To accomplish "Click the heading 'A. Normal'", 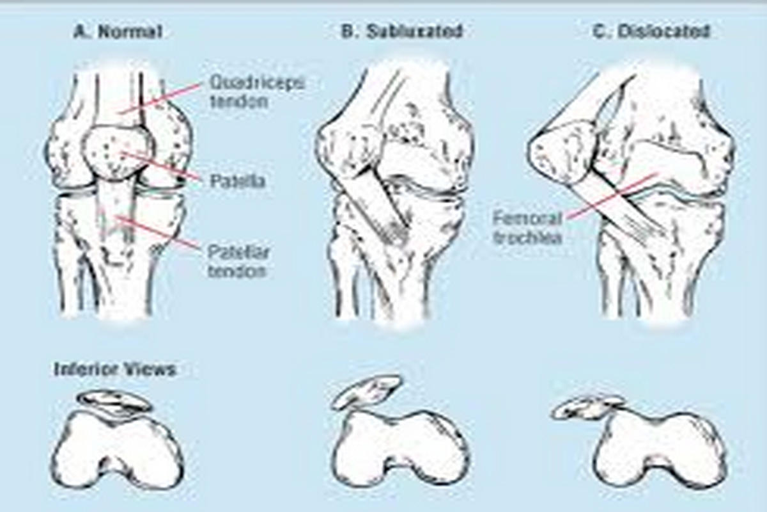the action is coord(118,32).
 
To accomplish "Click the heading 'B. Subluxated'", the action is coord(402,31).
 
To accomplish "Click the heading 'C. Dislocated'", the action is coord(651,32).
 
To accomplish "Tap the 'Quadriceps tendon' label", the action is coord(257,92).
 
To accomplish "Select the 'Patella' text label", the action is coord(238,181).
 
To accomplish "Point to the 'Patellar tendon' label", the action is coord(238,262).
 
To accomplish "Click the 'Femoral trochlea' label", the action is coord(527,228).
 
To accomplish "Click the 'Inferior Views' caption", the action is coord(115,369).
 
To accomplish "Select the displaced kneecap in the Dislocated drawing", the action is coord(565,153).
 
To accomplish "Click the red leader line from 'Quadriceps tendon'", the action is coord(159,98).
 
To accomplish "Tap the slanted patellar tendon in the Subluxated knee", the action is coord(373,202).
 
